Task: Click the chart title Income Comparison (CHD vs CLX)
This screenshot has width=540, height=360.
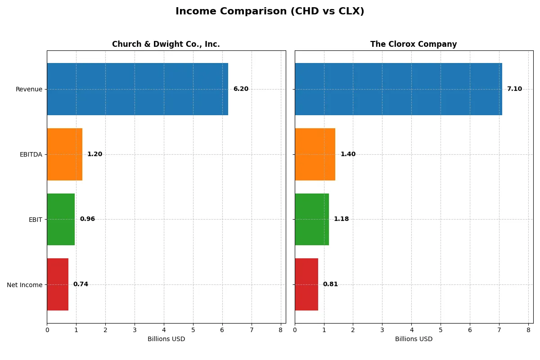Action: pyautogui.click(x=270, y=12)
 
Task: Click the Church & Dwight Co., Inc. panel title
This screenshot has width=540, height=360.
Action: pyautogui.click(x=166, y=44)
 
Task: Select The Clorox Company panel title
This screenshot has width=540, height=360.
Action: pyautogui.click(x=413, y=44)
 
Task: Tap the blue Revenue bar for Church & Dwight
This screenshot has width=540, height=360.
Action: pyautogui.click(x=137, y=89)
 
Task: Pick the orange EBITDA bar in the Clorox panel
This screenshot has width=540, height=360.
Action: pyautogui.click(x=315, y=154)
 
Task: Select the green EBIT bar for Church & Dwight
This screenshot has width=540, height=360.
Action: pyautogui.click(x=61, y=219)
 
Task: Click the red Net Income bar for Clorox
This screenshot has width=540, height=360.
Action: pyautogui.click(x=306, y=284)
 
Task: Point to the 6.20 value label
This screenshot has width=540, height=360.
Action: pyautogui.click(x=241, y=89)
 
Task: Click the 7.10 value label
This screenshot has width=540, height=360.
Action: pyautogui.click(x=514, y=89)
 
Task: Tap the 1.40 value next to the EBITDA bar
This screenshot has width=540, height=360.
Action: pyautogui.click(x=348, y=154)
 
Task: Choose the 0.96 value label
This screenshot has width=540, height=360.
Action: pyautogui.click(x=87, y=219)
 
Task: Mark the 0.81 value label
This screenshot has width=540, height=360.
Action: pyautogui.click(x=330, y=284)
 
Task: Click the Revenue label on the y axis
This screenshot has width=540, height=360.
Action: pyautogui.click(x=29, y=89)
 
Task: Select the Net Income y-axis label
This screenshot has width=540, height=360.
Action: pyautogui.click(x=25, y=285)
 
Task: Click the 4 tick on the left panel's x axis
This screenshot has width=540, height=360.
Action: pyautogui.click(x=164, y=330)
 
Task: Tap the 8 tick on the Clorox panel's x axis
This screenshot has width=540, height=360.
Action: pyautogui.click(x=528, y=330)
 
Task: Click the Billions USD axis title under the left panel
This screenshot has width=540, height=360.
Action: pyautogui.click(x=166, y=339)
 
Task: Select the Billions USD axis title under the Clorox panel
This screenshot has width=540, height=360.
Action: pyautogui.click(x=414, y=339)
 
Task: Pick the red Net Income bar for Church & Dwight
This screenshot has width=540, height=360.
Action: pyautogui.click(x=58, y=284)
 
